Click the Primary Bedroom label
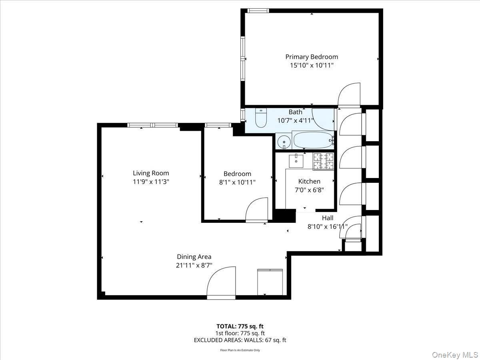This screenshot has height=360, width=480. tap(311, 57)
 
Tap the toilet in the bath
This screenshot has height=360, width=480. tap(260, 119)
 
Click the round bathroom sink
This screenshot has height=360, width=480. tap(284, 142)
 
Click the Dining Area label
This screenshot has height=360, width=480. tap(194, 257)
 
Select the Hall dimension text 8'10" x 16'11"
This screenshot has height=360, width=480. tap(327, 226)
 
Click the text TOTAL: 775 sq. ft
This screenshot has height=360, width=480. tap(240, 326)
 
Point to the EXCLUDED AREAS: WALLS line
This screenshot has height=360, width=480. tap(240, 340)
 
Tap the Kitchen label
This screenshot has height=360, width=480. tap(309, 181)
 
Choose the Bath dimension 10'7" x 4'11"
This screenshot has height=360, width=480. tap(296, 120)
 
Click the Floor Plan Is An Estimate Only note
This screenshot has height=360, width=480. tap(240, 350)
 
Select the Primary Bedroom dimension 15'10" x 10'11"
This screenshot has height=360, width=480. tap(311, 65)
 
